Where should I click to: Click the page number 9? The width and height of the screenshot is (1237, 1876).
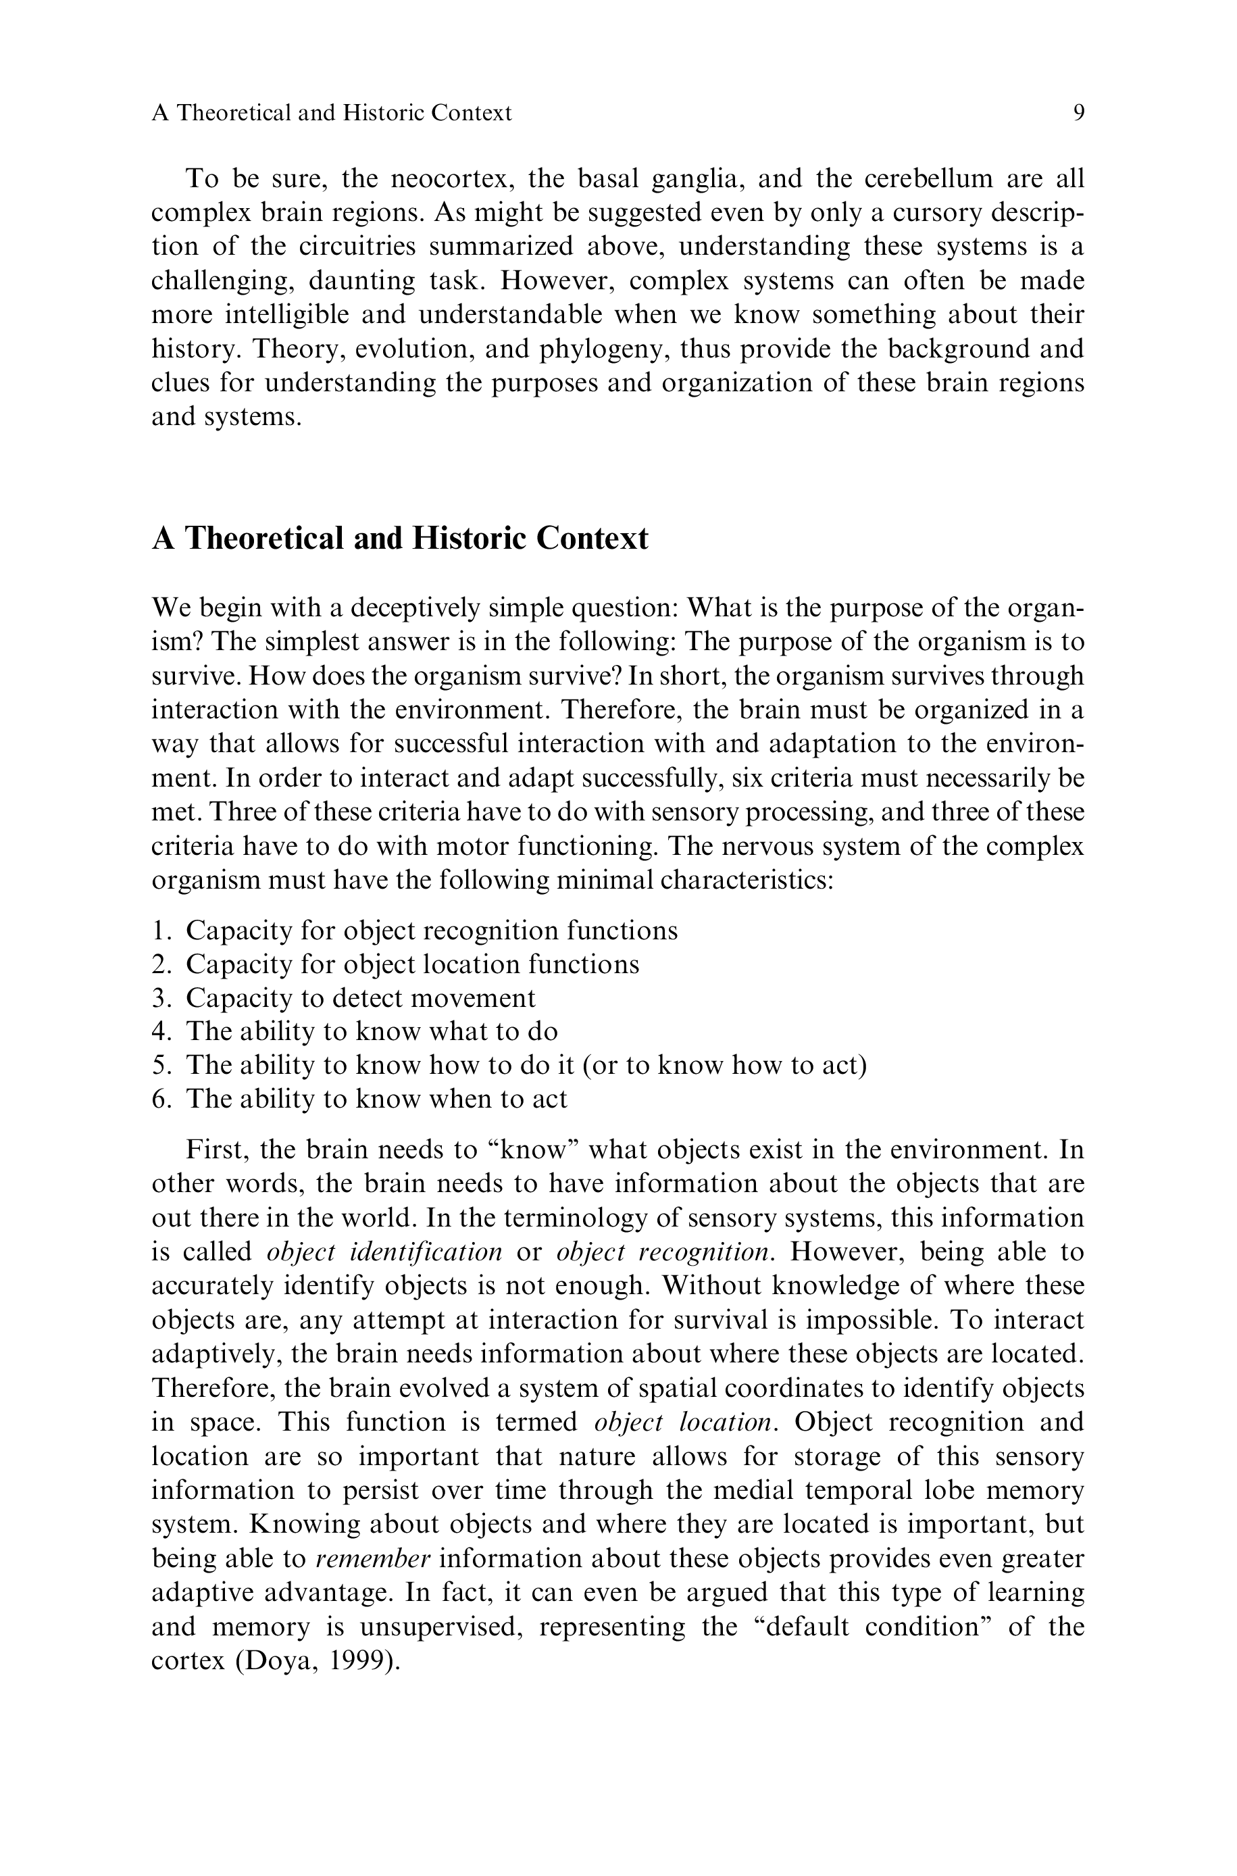point(1078,113)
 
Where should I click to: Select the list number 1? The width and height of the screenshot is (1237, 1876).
point(159,931)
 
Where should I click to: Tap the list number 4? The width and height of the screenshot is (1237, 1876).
point(159,1032)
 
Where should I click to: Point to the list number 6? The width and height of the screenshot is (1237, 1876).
point(159,1099)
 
